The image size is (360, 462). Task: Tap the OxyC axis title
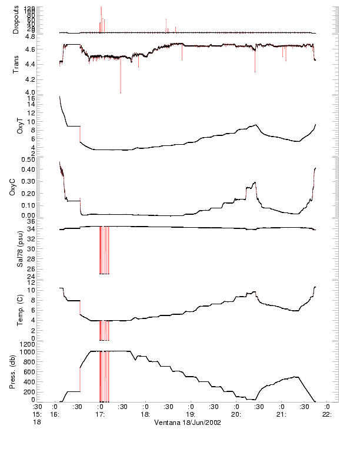click(x=19, y=187)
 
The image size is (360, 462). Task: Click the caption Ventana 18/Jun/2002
click(x=187, y=423)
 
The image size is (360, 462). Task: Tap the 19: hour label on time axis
click(x=190, y=414)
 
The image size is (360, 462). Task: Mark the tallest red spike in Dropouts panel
click(x=101, y=8)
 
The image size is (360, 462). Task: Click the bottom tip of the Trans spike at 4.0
click(x=121, y=92)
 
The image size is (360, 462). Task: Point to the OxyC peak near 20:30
click(x=255, y=182)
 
